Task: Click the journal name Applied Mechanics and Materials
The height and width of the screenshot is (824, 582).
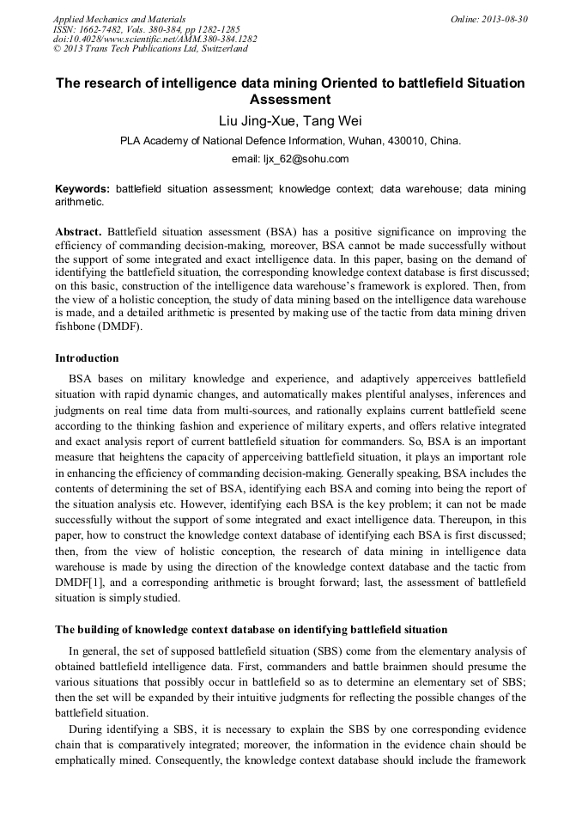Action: pyautogui.click(x=119, y=18)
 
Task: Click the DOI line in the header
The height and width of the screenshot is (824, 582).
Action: pyautogui.click(x=155, y=39)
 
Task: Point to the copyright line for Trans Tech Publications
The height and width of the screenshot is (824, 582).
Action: pyautogui.click(x=150, y=49)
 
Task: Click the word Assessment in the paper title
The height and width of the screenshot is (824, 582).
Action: pyautogui.click(x=290, y=100)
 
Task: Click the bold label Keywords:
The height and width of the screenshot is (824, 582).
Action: pyautogui.click(x=82, y=188)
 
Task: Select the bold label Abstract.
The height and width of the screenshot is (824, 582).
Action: pyautogui.click(x=79, y=232)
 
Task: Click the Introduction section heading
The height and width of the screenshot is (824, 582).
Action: pyautogui.click(x=87, y=357)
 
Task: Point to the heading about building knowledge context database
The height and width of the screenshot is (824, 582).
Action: pyautogui.click(x=251, y=630)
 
